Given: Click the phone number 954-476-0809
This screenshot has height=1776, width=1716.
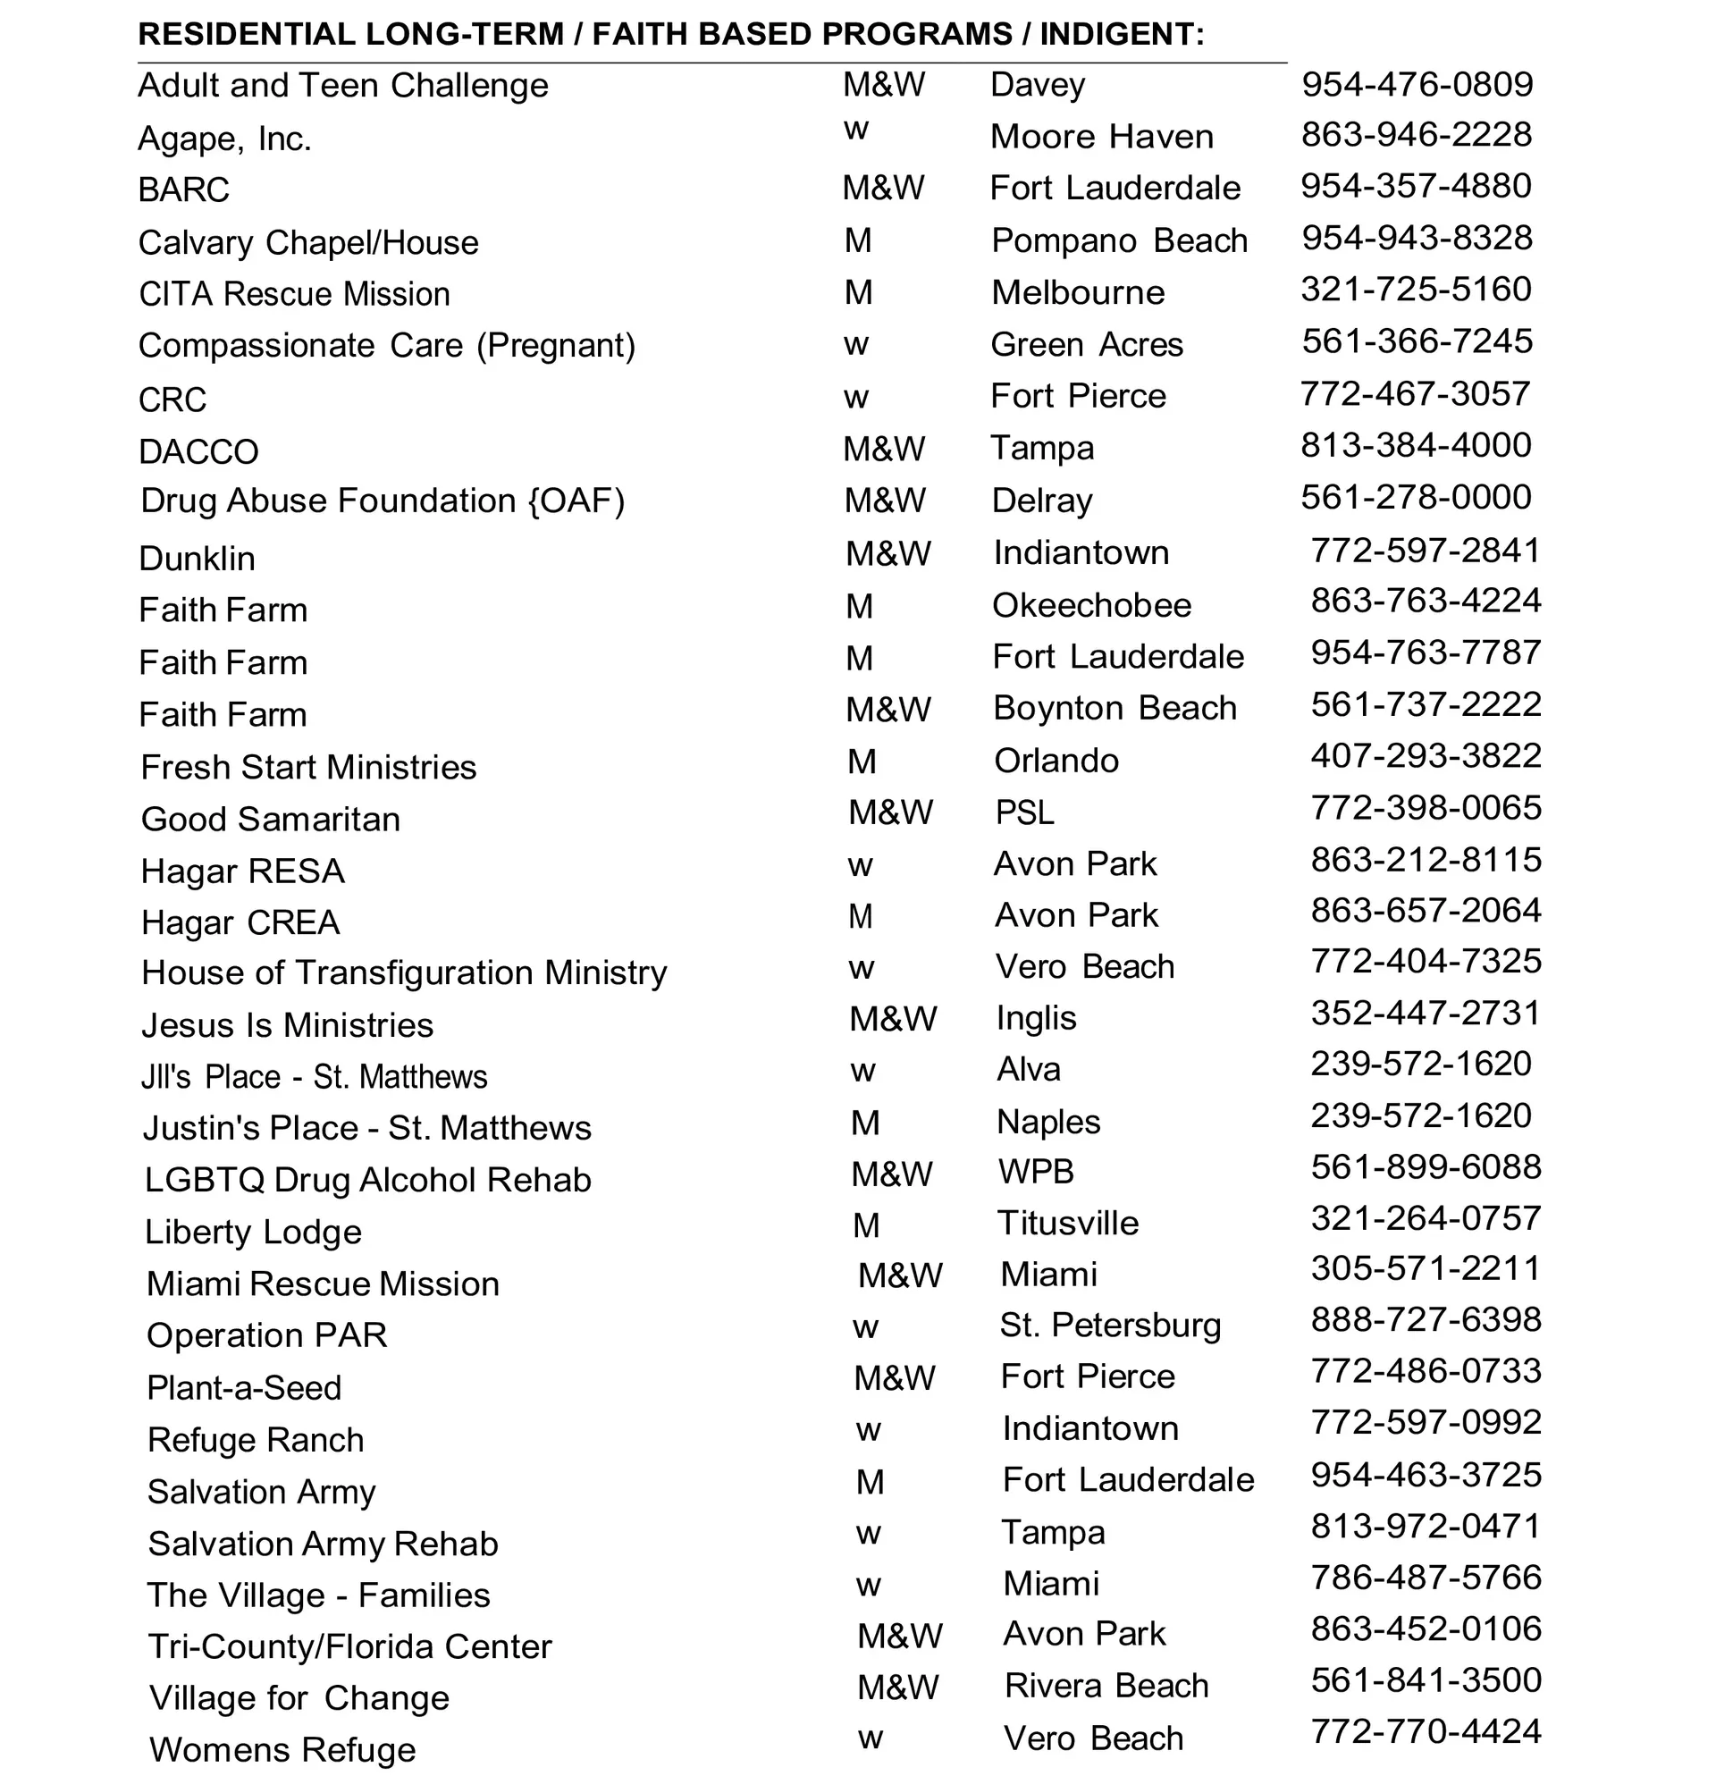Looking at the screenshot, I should pyautogui.click(x=1417, y=84).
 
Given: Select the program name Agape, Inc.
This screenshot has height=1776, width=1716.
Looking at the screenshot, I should pyautogui.click(x=224, y=139).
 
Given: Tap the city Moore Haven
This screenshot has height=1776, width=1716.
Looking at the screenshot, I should pyautogui.click(x=1102, y=137).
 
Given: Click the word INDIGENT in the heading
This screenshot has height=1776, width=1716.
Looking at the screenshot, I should pyautogui.click(x=1121, y=35).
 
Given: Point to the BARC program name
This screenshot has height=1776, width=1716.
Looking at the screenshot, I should pyautogui.click(x=184, y=190).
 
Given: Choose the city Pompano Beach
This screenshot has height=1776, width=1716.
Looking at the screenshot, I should pyautogui.click(x=1120, y=241).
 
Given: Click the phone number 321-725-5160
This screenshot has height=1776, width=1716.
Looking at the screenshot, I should pyautogui.click(x=1416, y=289).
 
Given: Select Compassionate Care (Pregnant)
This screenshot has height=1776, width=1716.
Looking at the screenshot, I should pyautogui.click(x=387, y=346).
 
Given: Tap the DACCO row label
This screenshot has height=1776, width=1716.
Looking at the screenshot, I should pyautogui.click(x=198, y=451).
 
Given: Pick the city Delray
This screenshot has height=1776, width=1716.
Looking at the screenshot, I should pyautogui.click(x=1042, y=501).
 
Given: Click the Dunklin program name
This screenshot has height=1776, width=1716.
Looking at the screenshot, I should pyautogui.click(x=197, y=558).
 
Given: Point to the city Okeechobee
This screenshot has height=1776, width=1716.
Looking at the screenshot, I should pyautogui.click(x=1092, y=605).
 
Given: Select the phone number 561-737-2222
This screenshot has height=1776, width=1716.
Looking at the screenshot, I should pyautogui.click(x=1426, y=704).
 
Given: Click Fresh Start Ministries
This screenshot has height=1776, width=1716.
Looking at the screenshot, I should pyautogui.click(x=308, y=768).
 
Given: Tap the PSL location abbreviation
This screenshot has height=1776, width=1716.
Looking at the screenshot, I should pyautogui.click(x=1025, y=812).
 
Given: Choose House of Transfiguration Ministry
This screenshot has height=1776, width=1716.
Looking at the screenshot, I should pyautogui.click(x=404, y=973).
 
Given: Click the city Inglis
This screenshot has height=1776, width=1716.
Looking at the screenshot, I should pyautogui.click(x=1037, y=1018).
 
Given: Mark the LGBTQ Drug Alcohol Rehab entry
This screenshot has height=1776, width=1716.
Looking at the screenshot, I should pyautogui.click(x=368, y=1180).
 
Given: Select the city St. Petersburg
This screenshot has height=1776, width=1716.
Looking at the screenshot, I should pyautogui.click(x=1111, y=1326).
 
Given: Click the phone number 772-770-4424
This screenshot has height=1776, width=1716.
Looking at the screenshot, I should pyautogui.click(x=1426, y=1731).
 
